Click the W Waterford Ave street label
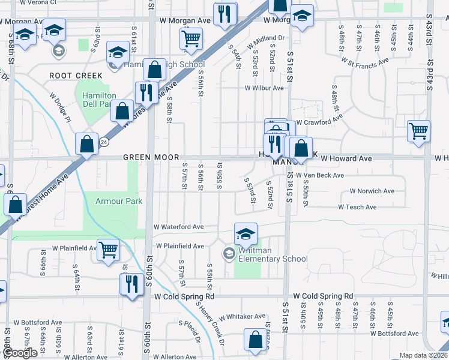[x=179, y=227]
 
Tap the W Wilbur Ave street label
[x=264, y=88]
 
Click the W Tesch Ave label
[x=357, y=207]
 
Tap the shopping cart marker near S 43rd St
[x=418, y=130]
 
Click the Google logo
[x=19, y=353]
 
